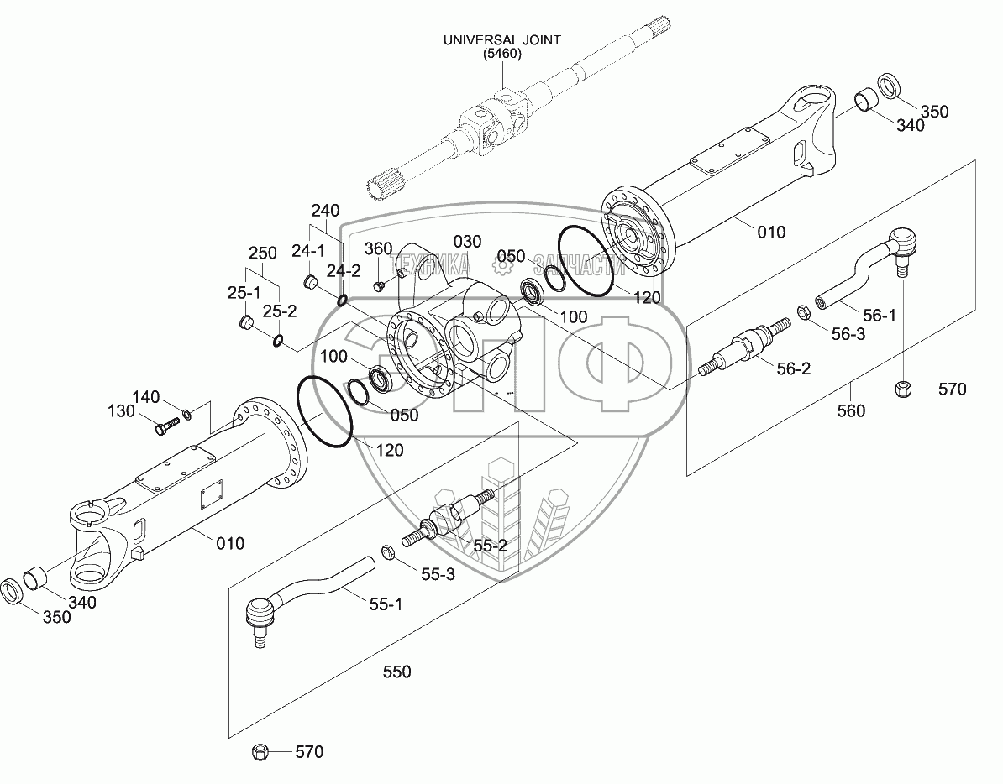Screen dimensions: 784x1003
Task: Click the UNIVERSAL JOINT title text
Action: (x=502, y=39)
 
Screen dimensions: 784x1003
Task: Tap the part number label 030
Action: (x=468, y=242)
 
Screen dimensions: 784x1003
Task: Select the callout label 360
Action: (x=378, y=248)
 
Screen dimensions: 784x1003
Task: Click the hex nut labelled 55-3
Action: (x=389, y=551)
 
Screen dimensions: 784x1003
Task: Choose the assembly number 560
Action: (x=851, y=411)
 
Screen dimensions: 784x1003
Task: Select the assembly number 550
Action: (x=396, y=671)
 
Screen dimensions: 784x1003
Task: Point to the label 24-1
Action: (x=309, y=250)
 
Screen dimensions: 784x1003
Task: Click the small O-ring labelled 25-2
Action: (x=277, y=340)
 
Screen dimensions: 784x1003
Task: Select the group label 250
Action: (x=262, y=253)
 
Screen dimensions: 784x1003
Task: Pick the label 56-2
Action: (x=792, y=368)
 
